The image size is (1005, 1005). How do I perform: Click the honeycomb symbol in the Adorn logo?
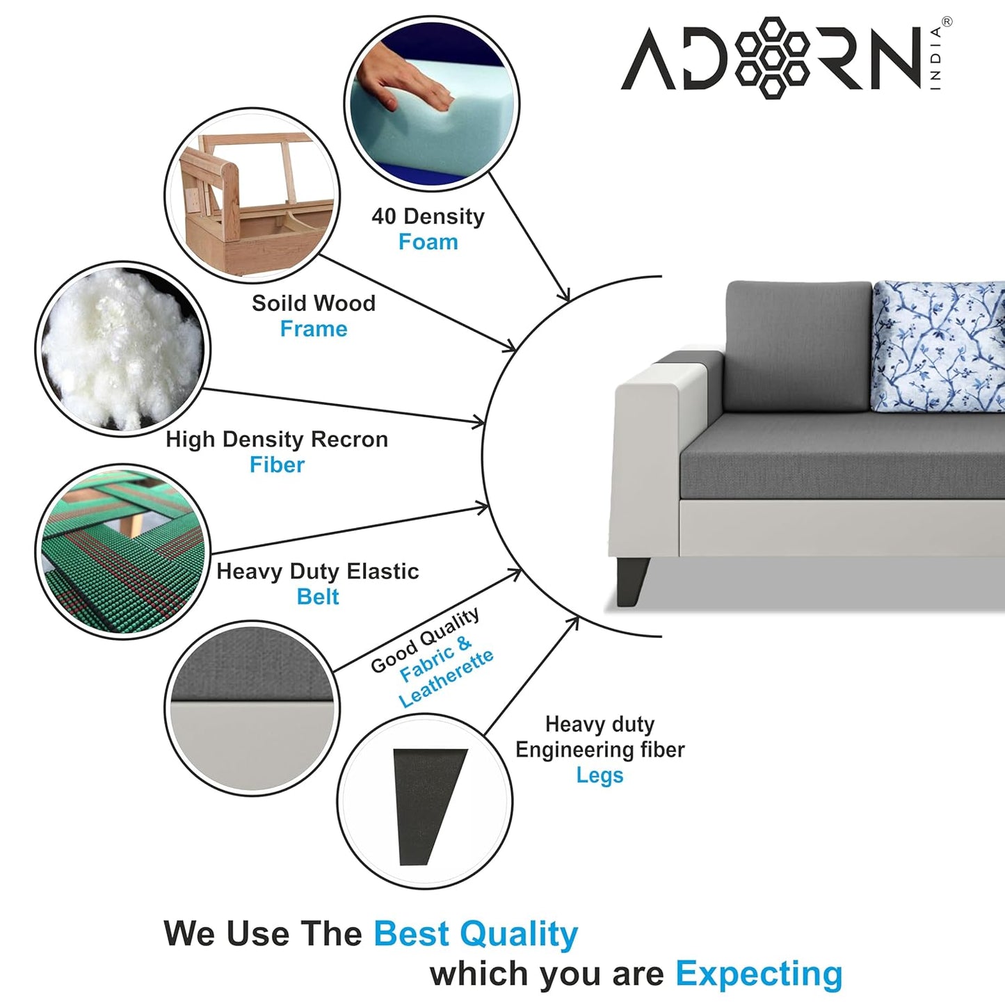(x=775, y=57)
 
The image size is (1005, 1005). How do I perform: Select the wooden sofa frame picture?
(x=253, y=195)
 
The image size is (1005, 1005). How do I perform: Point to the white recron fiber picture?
(x=123, y=349)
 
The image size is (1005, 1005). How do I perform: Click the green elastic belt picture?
(x=123, y=552)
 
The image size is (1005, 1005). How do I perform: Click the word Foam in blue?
(x=428, y=242)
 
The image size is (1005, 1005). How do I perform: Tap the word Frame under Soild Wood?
(x=314, y=329)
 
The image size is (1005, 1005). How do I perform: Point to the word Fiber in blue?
(x=277, y=465)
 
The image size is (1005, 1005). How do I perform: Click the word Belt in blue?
(x=318, y=597)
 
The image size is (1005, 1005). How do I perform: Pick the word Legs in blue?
(x=600, y=775)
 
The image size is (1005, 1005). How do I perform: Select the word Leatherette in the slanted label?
(x=447, y=678)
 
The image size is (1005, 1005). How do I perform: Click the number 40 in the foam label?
(x=384, y=216)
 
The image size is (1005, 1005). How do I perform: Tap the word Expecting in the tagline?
(x=759, y=973)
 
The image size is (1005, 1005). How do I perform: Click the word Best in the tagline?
(x=412, y=933)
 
